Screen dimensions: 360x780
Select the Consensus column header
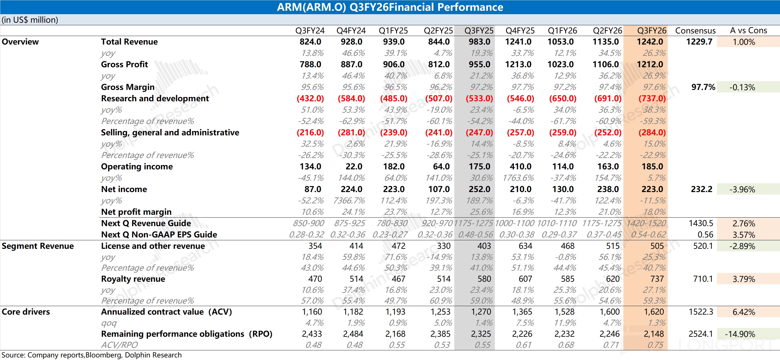point(695,31)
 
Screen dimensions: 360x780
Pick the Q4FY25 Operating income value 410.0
point(520,167)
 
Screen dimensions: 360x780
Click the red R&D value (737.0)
point(652,98)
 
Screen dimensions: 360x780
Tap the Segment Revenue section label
point(37,246)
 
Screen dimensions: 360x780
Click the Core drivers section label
point(26,312)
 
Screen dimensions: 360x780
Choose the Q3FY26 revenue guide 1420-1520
point(646,224)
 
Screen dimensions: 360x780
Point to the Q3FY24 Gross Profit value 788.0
point(310,64)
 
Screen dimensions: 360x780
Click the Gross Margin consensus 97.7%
point(703,87)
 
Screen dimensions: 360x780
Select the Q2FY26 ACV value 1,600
point(609,312)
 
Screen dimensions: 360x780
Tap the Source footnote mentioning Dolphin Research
point(91,355)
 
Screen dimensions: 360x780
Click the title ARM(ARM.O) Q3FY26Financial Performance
point(390,7)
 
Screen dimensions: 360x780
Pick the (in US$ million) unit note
point(30,20)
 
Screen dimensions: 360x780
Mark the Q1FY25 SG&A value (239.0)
point(393,132)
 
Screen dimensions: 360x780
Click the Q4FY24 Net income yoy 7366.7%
point(349,201)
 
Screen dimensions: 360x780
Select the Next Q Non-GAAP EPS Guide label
point(159,235)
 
